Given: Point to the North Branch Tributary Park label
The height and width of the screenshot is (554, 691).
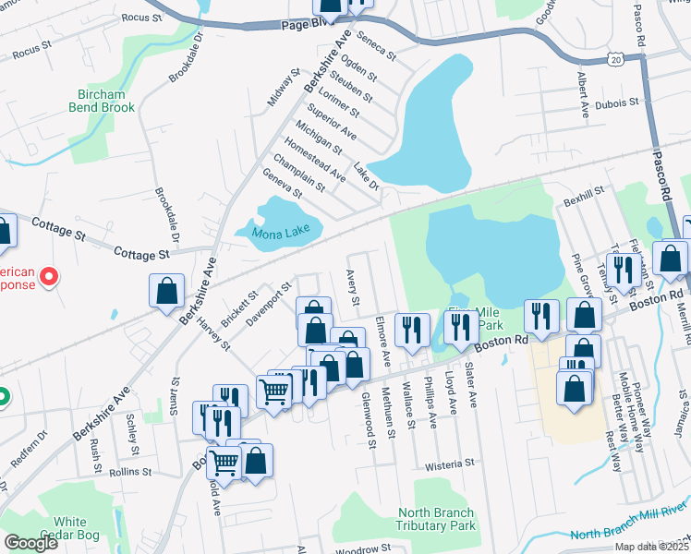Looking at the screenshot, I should (436, 519).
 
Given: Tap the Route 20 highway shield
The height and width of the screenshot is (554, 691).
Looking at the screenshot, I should (615, 58).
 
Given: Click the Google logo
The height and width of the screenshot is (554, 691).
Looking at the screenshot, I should (30, 543).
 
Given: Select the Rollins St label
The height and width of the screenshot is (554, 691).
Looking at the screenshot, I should (129, 471).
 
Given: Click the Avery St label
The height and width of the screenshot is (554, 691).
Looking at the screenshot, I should (353, 287).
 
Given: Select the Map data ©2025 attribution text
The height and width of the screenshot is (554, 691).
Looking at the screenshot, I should (650, 547).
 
